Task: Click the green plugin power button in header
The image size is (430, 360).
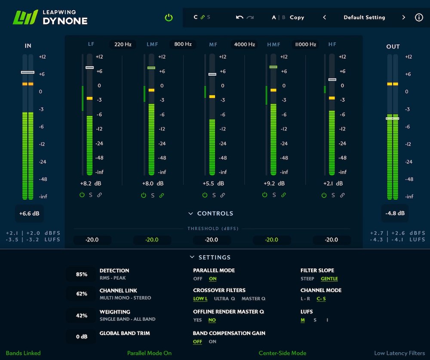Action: [169, 18]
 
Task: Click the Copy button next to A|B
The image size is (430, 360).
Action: [297, 18]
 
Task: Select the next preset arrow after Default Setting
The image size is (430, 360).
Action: [403, 18]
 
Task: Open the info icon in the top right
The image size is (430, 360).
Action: [419, 18]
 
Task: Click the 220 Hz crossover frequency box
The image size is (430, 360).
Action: [123, 44]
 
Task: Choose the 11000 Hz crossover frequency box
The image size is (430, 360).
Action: [305, 44]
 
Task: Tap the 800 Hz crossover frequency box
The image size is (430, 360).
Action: [183, 44]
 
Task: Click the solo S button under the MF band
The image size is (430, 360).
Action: [214, 195]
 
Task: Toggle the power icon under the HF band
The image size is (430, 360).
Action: [324, 195]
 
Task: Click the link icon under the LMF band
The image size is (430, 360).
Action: [162, 195]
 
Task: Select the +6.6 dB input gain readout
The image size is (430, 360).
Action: [29, 214]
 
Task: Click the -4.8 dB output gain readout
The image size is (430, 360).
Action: [395, 214]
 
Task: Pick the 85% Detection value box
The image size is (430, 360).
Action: [81, 274]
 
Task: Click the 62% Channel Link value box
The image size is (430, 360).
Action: [81, 294]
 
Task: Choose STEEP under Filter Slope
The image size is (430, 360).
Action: [307, 279]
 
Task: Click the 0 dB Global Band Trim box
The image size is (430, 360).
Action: [81, 336]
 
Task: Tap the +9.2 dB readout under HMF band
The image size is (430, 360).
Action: [273, 183]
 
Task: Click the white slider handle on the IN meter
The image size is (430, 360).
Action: [28, 72]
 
